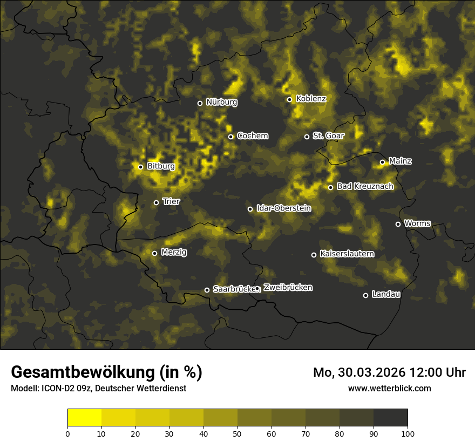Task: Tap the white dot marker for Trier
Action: click(x=157, y=202)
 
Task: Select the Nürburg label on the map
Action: click(x=221, y=102)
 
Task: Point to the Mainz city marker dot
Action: click(x=382, y=162)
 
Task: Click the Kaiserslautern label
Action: click(x=347, y=254)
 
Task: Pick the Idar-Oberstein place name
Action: click(x=283, y=208)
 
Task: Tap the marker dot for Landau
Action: click(x=365, y=295)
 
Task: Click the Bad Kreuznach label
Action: click(x=365, y=186)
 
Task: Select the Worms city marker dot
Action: click(x=398, y=224)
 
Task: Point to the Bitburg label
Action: click(x=161, y=166)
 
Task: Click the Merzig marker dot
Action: click(x=154, y=253)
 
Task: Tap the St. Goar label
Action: click(x=328, y=135)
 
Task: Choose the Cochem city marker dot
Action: click(x=230, y=137)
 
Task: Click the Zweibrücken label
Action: click(x=288, y=288)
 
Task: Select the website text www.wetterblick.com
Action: click(x=390, y=388)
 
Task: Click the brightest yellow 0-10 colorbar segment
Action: click(x=85, y=417)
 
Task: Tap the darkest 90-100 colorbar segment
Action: click(x=390, y=417)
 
